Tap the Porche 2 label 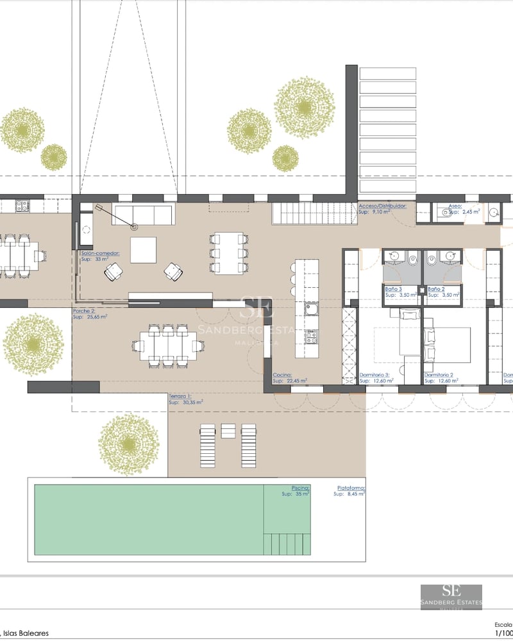84,311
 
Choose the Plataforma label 351,488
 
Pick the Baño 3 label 393,290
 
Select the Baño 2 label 437,290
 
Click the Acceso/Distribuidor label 382,206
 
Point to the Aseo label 455,206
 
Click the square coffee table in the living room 143,250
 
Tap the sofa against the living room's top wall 142,214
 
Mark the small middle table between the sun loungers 228,430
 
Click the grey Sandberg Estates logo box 451,597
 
